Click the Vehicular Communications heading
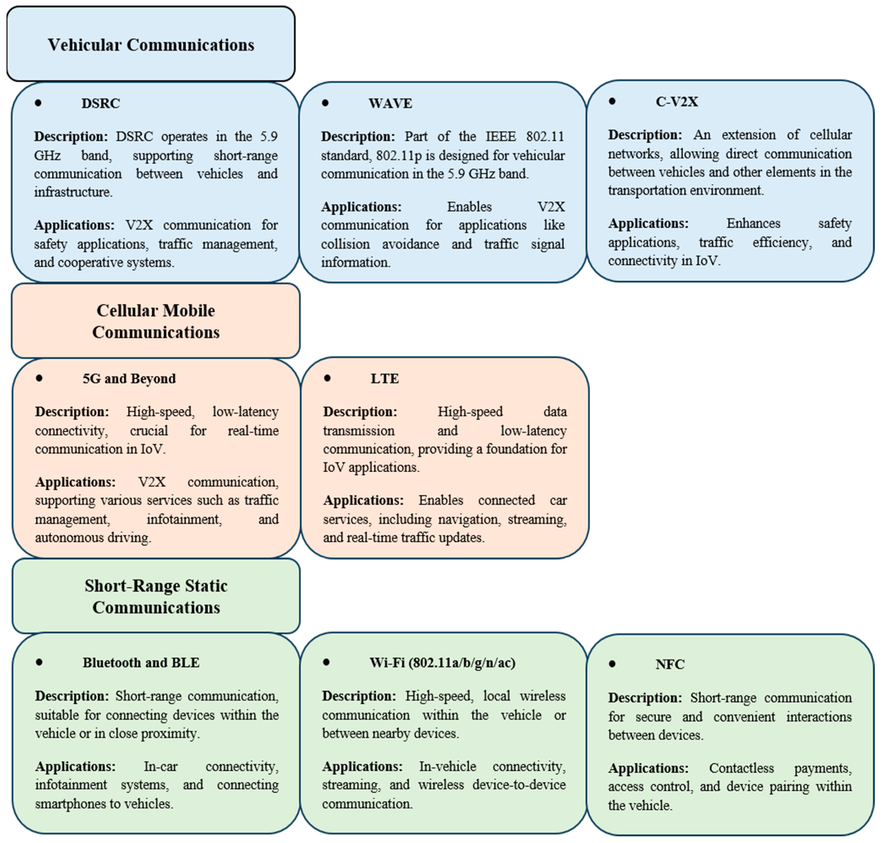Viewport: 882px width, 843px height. [x=151, y=45]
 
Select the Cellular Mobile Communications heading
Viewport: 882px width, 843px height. [x=156, y=321]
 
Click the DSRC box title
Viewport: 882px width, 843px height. [x=101, y=103]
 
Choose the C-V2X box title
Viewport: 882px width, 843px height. [x=677, y=101]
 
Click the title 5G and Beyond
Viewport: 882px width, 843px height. [x=129, y=378]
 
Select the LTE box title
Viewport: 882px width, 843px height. [x=384, y=378]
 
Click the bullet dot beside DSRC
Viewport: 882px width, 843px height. [x=38, y=103]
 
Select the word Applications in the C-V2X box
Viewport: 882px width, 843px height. [x=648, y=223]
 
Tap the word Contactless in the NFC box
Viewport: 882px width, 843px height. [x=742, y=768]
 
